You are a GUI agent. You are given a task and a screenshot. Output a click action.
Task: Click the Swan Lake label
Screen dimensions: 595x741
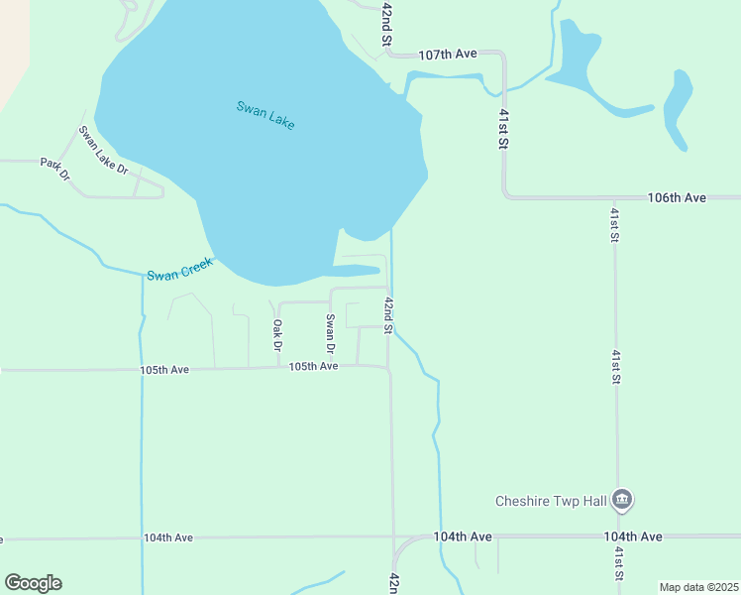click(x=265, y=115)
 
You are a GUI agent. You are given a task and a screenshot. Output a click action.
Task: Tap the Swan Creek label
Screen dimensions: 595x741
click(x=179, y=269)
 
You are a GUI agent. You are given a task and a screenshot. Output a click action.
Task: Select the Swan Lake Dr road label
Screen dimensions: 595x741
click(x=104, y=150)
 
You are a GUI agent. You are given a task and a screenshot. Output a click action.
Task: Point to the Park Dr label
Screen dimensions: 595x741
click(x=55, y=170)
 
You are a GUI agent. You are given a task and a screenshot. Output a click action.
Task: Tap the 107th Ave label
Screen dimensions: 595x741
click(x=448, y=55)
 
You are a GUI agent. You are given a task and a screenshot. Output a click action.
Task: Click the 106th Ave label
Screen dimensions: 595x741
click(x=677, y=198)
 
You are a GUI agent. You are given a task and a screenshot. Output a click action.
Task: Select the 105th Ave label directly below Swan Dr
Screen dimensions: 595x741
click(x=313, y=367)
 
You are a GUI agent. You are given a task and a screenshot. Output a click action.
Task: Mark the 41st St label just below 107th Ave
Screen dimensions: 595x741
click(x=503, y=130)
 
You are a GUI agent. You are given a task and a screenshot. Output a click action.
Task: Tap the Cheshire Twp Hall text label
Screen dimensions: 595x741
click(x=551, y=501)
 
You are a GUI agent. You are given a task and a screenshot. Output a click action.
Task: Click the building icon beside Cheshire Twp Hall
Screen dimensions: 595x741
click(x=622, y=499)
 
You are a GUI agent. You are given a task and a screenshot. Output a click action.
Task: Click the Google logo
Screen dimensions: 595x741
click(x=33, y=583)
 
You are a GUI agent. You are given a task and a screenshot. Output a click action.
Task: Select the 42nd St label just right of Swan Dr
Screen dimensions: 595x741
click(x=389, y=315)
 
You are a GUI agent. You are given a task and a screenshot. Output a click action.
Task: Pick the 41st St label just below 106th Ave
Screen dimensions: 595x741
click(x=615, y=225)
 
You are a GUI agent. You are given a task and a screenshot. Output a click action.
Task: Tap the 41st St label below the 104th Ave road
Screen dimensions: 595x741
click(x=618, y=564)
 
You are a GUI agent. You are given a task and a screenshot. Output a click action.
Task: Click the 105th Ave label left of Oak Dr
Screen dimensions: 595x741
click(x=164, y=370)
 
